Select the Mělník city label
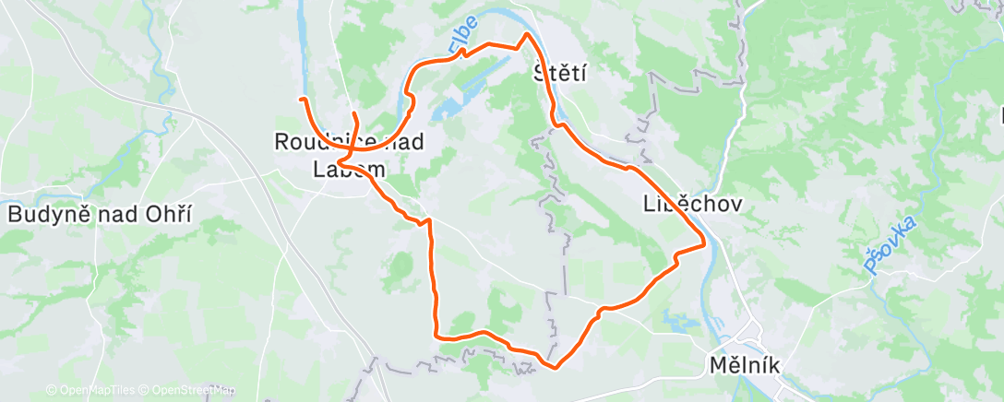click(746, 365)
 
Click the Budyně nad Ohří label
click(99, 214)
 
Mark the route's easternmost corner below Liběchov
click(705, 244)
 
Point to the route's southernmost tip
click(555, 367)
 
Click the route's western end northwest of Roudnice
click(301, 98)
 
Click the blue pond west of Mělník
click(683, 323)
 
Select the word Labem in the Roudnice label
click(348, 169)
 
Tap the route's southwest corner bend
click(436, 336)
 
